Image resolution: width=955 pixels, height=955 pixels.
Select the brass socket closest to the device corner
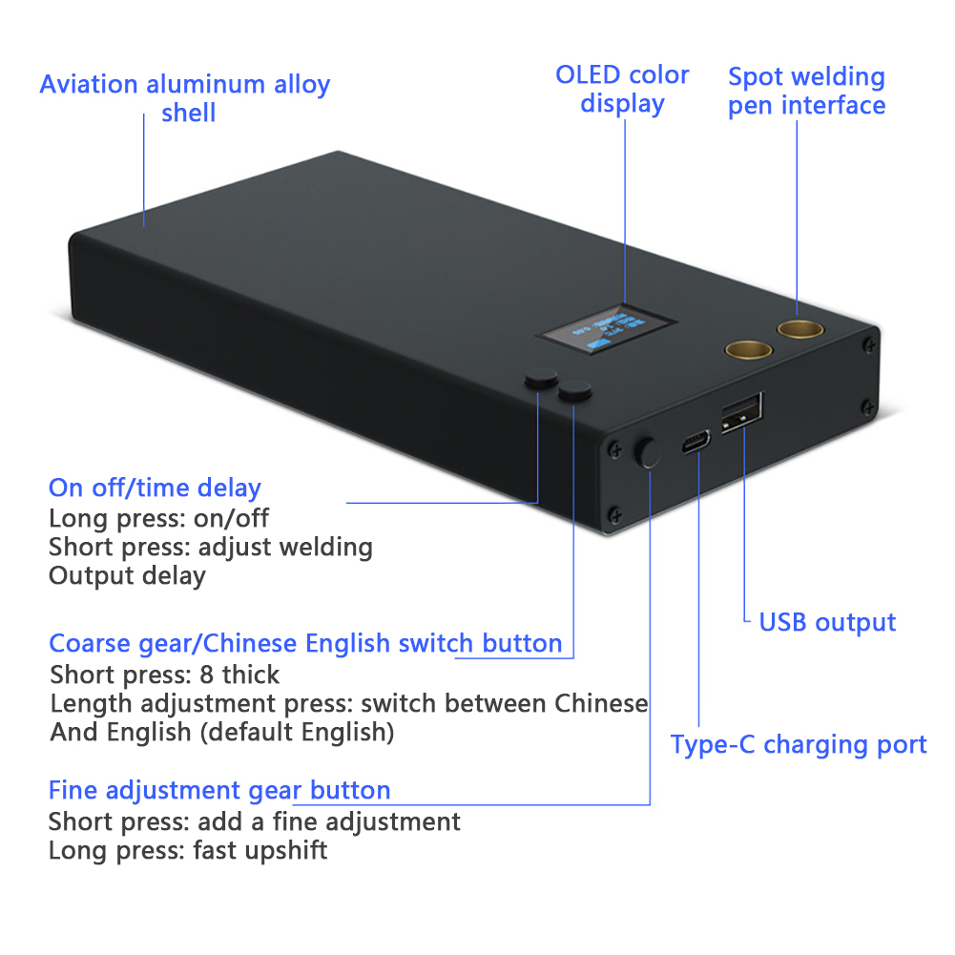(x=799, y=330)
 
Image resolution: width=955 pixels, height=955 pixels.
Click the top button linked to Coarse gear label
(x=575, y=389)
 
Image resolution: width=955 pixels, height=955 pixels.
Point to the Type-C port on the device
(x=696, y=442)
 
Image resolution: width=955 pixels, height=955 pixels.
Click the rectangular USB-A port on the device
(x=741, y=411)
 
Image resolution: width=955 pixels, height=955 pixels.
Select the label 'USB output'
(x=827, y=623)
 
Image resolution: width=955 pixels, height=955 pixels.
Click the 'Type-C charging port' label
(x=798, y=744)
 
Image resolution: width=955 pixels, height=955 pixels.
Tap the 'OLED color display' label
(x=622, y=89)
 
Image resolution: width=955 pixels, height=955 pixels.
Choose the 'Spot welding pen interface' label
(x=806, y=91)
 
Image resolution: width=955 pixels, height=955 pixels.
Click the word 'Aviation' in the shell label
(x=89, y=84)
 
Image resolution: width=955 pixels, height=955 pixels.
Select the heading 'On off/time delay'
(x=155, y=488)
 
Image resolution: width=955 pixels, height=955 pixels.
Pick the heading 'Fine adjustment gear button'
(x=219, y=790)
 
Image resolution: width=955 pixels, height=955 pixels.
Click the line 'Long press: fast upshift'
(x=188, y=850)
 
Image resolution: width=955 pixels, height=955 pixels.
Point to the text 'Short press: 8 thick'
(x=165, y=675)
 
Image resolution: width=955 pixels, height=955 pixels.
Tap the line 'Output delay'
(x=127, y=576)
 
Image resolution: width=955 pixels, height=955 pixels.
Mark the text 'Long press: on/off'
(x=158, y=518)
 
